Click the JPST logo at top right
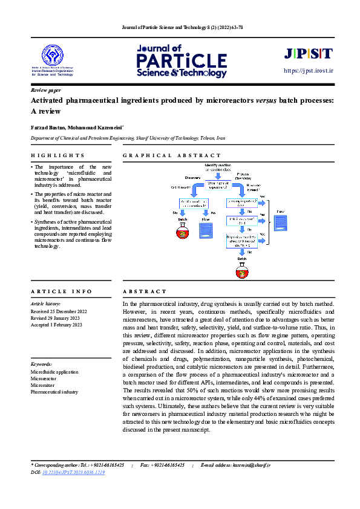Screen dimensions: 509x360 (x=308, y=54)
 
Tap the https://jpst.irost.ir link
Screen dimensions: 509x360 (x=309, y=71)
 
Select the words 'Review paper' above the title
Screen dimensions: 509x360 (x=46, y=89)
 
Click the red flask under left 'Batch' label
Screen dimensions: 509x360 (x=182, y=231)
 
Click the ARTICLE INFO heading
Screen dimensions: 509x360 (x=61, y=291)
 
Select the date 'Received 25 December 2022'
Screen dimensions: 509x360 (x=59, y=311)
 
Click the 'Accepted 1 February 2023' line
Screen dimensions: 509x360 (x=56, y=325)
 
